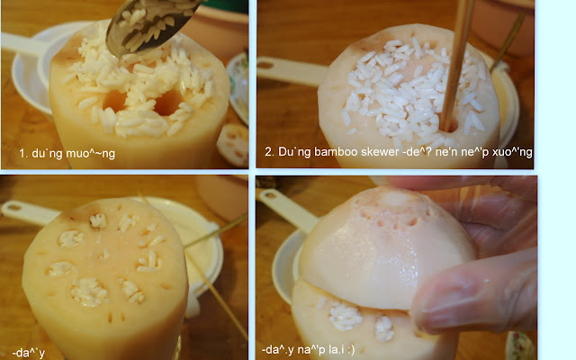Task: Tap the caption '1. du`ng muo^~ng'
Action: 67,153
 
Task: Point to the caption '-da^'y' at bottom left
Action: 28,354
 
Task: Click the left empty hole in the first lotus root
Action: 115,101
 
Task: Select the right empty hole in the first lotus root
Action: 168,102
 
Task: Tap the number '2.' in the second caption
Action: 269,152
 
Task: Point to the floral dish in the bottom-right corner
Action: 521,346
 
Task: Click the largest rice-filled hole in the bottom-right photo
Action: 345,316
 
